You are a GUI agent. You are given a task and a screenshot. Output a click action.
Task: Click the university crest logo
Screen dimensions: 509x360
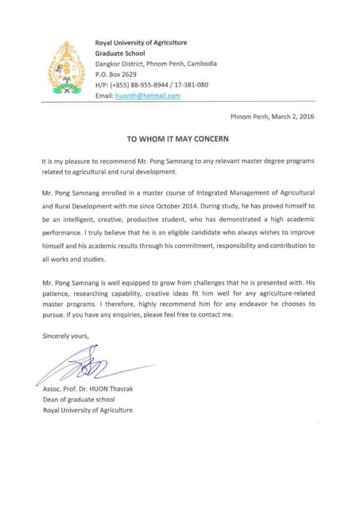(x=67, y=69)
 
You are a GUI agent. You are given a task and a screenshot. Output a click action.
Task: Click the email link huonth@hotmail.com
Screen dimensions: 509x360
(x=148, y=95)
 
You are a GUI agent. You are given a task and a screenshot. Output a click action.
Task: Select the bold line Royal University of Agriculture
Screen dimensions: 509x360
(x=141, y=42)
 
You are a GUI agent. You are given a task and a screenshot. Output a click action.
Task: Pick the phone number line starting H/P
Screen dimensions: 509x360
(x=151, y=84)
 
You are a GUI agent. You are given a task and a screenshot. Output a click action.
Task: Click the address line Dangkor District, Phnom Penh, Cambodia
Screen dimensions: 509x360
(x=156, y=64)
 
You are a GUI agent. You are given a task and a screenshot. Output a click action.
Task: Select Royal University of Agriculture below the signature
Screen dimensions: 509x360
(x=87, y=410)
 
